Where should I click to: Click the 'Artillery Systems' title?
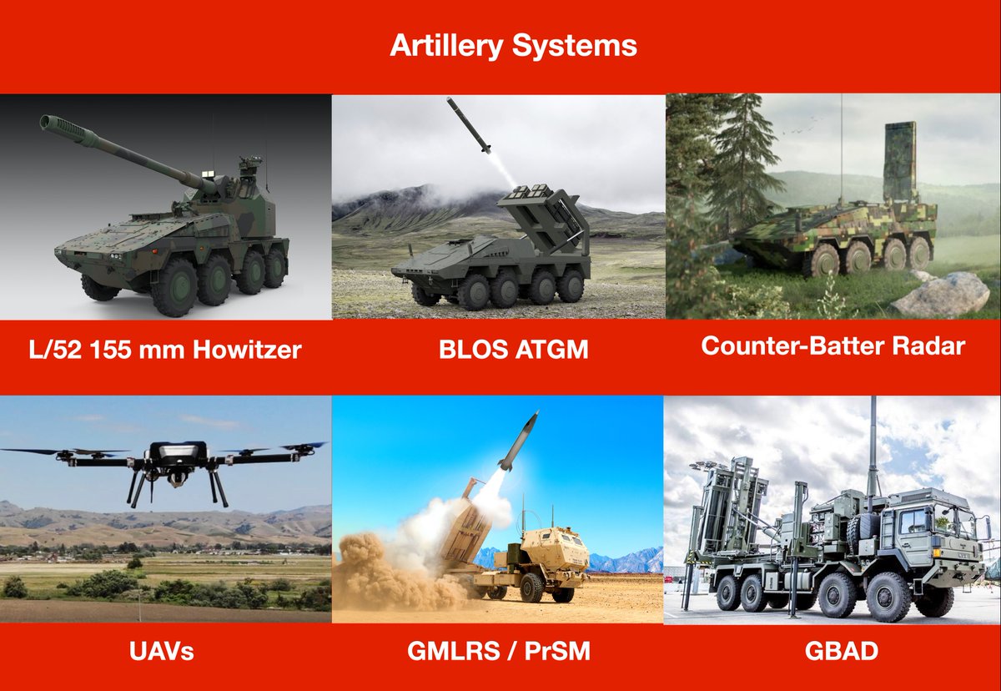click(513, 47)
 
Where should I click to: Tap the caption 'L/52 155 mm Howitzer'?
click(165, 350)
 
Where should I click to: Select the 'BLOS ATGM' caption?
click(513, 350)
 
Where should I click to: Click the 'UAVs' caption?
click(161, 651)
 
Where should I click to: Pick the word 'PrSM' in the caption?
click(557, 651)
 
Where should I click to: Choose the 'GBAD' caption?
click(841, 651)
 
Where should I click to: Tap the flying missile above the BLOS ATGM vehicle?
click(469, 125)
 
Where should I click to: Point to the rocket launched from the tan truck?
click(518, 441)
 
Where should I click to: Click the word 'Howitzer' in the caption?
click(247, 350)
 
